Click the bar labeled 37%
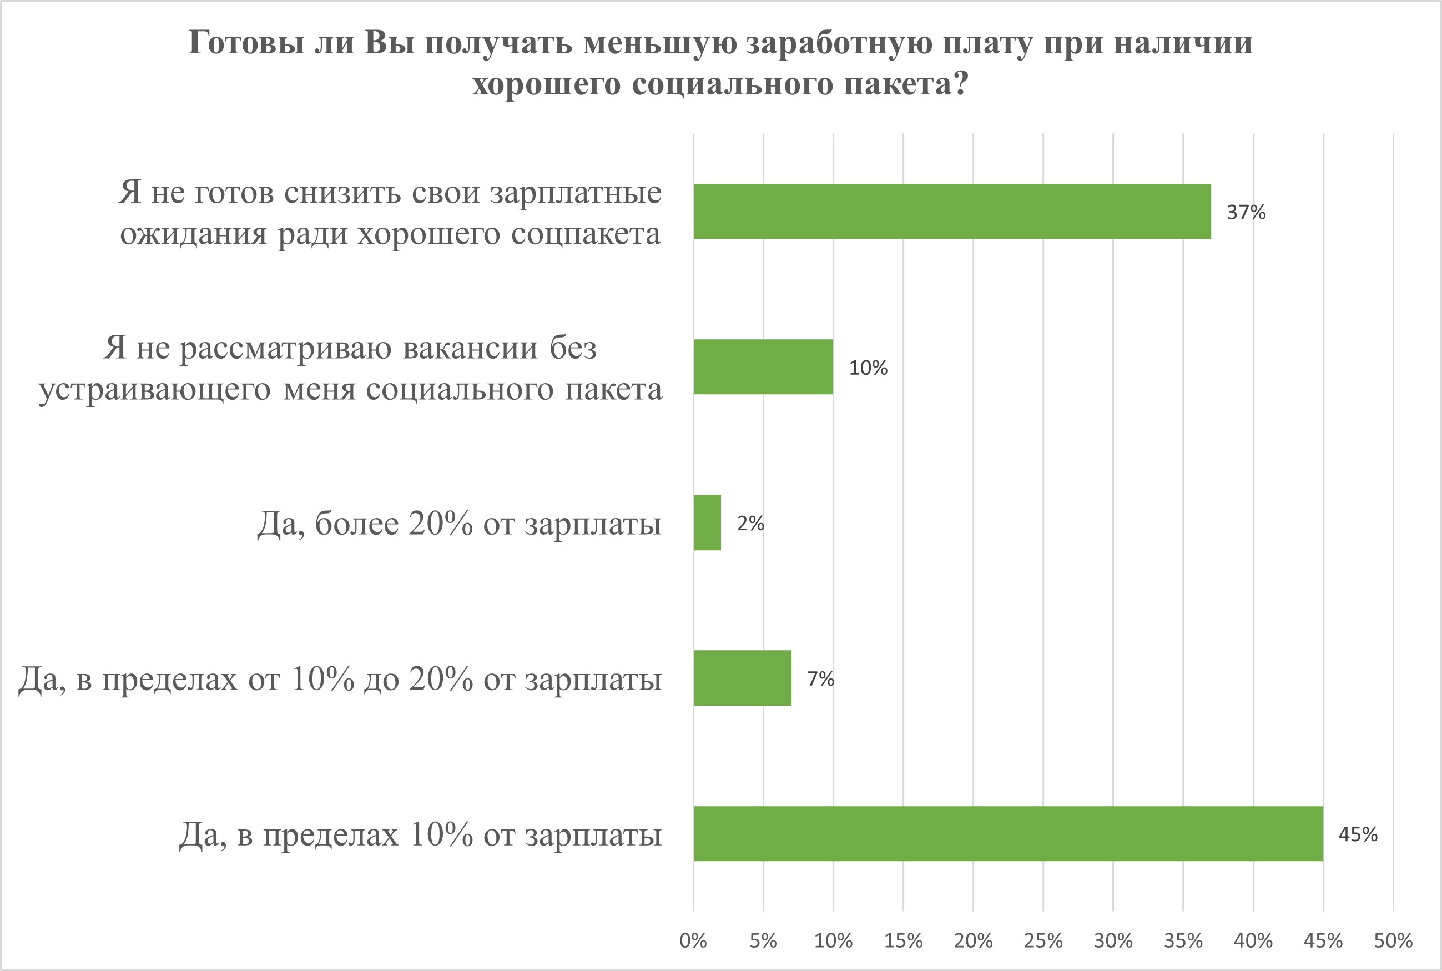(x=952, y=211)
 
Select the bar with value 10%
(x=763, y=366)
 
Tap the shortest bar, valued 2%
(x=707, y=522)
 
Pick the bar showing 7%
(x=742, y=678)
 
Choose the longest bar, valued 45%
(x=1008, y=833)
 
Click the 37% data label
(x=1246, y=213)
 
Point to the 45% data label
(x=1358, y=835)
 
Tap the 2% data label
(x=750, y=524)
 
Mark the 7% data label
(x=820, y=680)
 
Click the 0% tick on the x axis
(x=693, y=941)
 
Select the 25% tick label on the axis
(x=1043, y=941)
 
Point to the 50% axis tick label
(x=1393, y=941)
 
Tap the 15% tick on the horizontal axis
(x=904, y=941)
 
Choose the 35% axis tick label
(x=1183, y=941)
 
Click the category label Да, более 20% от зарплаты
(x=459, y=524)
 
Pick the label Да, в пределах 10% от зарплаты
(x=420, y=835)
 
